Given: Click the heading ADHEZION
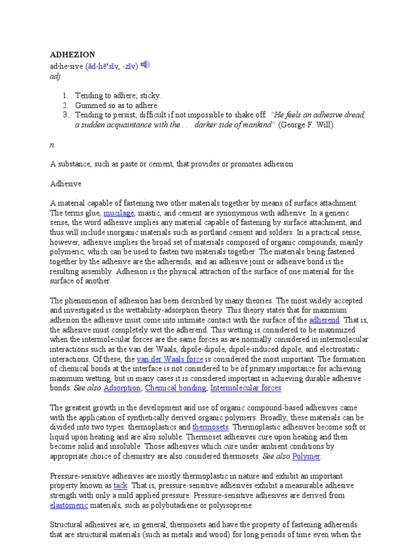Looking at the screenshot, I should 73,55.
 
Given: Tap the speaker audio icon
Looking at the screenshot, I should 145,66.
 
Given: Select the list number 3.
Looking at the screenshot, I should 64,115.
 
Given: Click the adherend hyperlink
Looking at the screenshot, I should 324,320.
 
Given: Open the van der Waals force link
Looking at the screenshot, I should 170,359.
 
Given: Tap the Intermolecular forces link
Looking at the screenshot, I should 246,388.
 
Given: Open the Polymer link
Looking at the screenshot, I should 306,456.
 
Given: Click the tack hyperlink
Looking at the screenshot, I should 120,486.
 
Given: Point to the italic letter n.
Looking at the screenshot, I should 52,145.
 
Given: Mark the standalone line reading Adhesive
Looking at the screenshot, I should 65,184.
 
